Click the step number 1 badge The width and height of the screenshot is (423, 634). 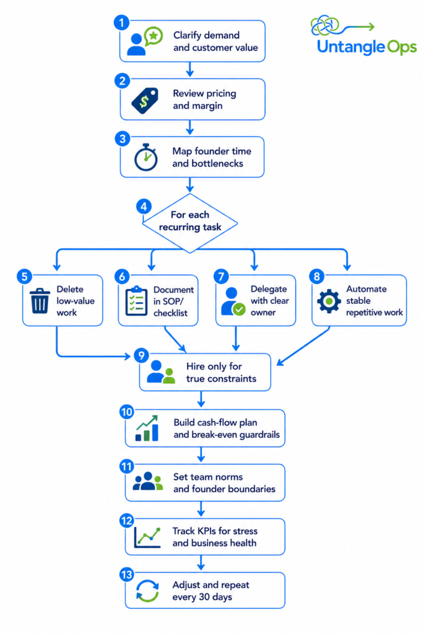coord(121,23)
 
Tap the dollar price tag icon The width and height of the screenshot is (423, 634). coord(145,100)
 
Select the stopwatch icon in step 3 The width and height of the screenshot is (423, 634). coord(146,157)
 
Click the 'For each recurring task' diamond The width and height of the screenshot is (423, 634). coord(190,223)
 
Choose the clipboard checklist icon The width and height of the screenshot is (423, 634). coord(136,301)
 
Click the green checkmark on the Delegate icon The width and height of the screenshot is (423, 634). coord(239,310)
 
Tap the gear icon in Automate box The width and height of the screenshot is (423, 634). coord(329,301)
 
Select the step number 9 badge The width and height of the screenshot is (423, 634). coord(141,355)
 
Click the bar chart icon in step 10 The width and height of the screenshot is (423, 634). coord(147,428)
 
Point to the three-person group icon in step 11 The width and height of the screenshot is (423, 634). coord(147,481)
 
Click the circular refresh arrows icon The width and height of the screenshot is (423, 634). coord(147,591)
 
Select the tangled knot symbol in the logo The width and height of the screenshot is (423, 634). coord(325,25)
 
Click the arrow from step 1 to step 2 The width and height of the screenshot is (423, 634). coord(190,69)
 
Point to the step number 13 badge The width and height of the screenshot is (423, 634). coord(126,575)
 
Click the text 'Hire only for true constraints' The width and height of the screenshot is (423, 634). coord(221,372)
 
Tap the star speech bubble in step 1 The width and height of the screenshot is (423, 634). coord(154,37)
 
